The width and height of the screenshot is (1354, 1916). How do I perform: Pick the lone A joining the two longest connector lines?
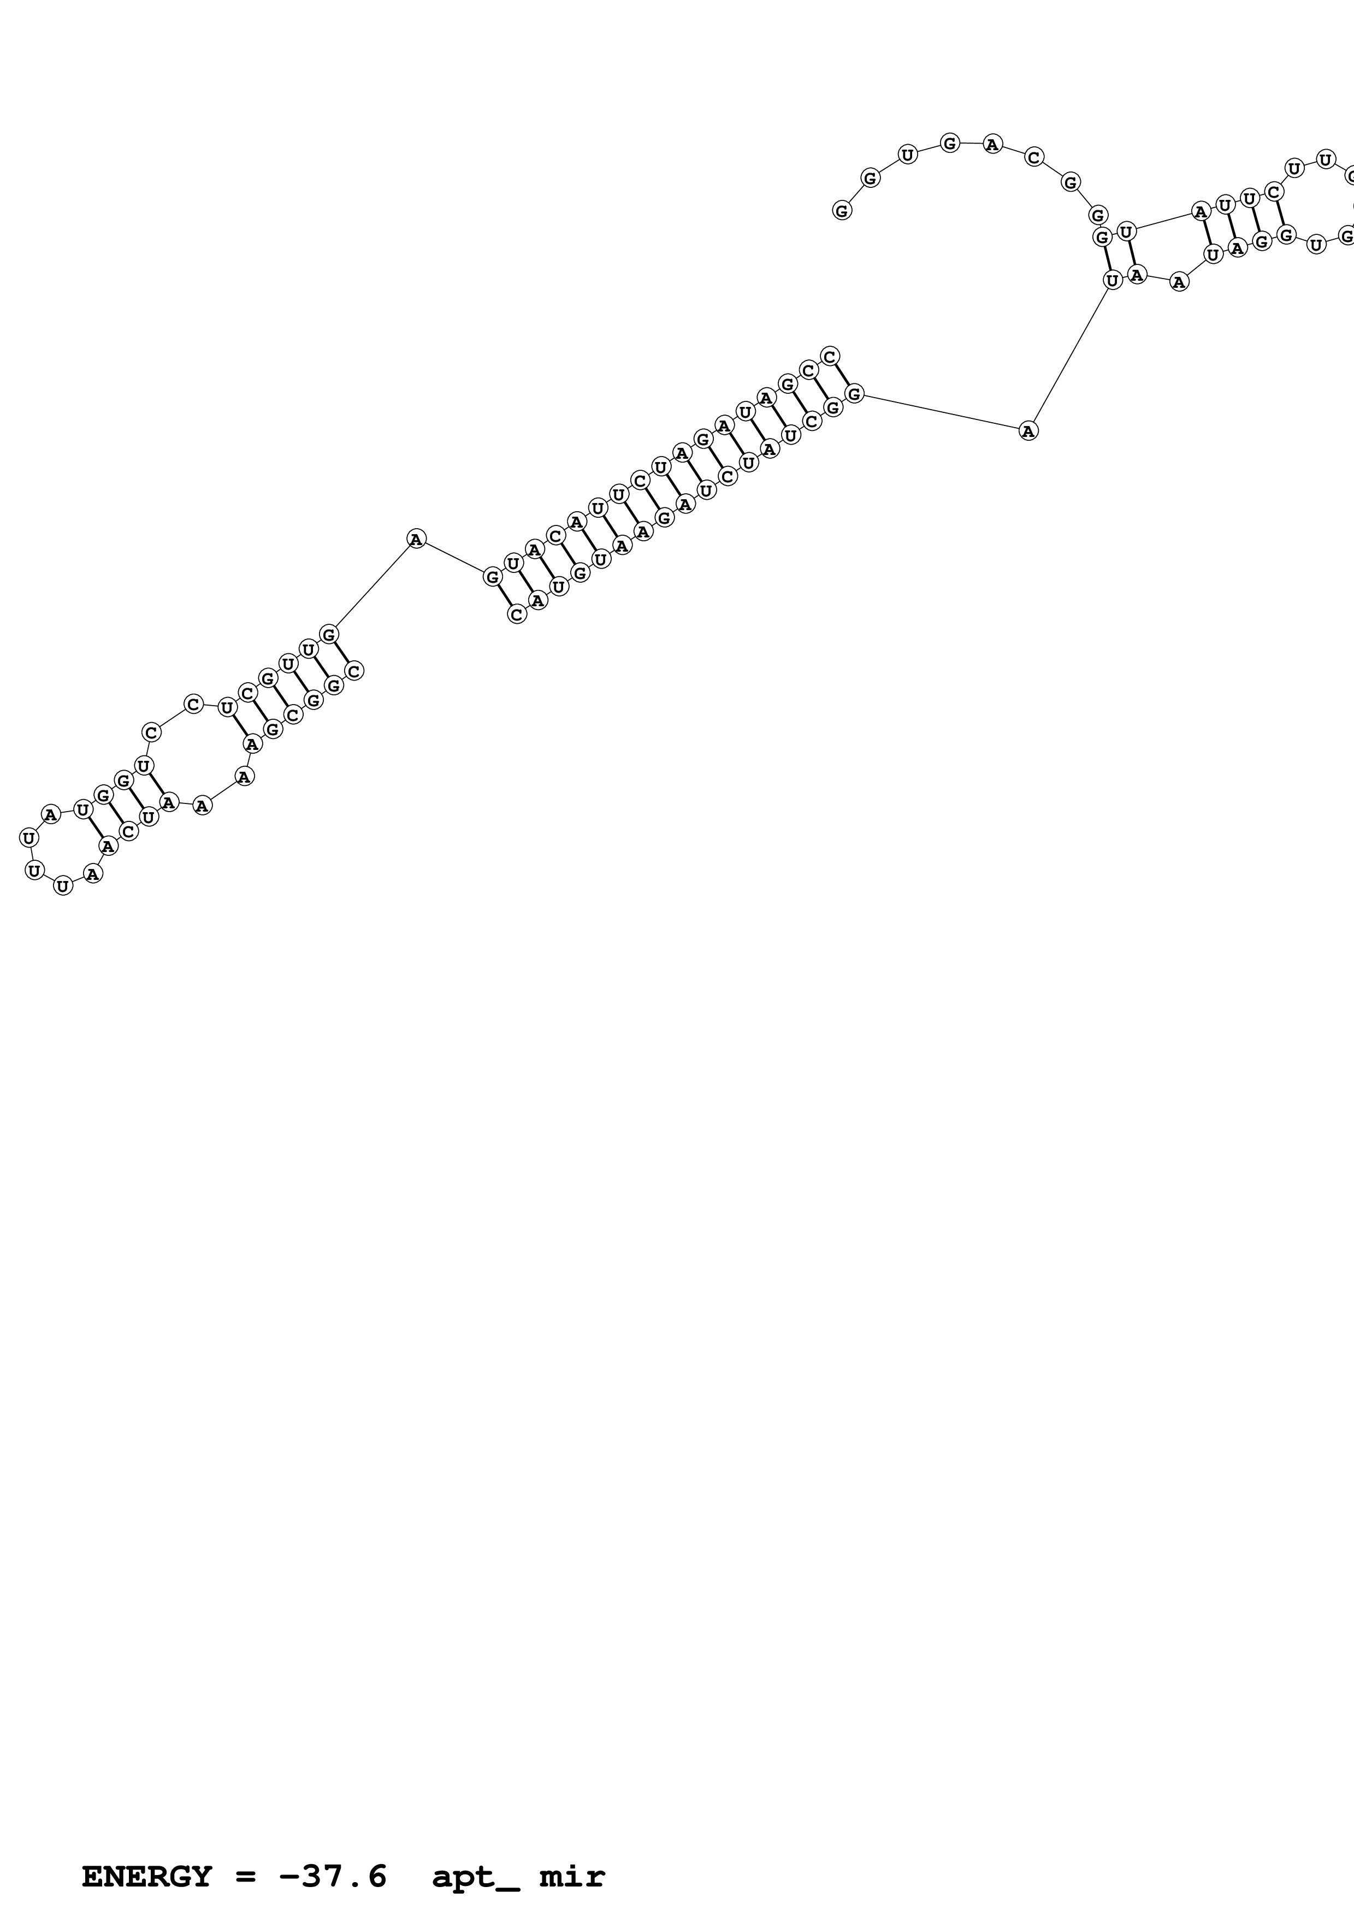(x=1028, y=430)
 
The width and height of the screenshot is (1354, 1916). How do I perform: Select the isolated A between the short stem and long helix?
(x=416, y=539)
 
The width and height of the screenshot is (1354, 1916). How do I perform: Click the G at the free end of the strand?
(x=842, y=210)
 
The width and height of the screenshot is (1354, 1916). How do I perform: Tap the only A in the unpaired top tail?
(x=992, y=144)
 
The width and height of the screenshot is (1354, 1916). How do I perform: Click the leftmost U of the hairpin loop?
(x=29, y=837)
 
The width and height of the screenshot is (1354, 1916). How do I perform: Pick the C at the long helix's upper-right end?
(x=829, y=356)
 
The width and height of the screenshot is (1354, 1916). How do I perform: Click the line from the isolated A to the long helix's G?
(x=454, y=558)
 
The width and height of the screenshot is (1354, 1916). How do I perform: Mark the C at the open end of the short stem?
(x=354, y=670)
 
